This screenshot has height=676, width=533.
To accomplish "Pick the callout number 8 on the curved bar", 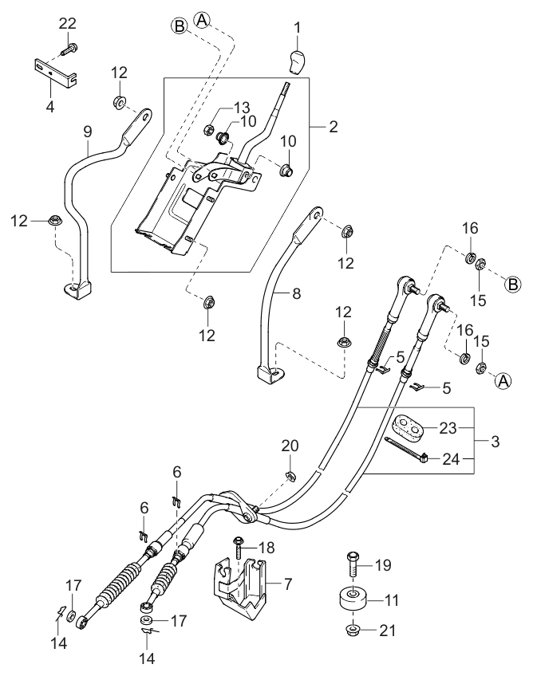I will pos(295,293).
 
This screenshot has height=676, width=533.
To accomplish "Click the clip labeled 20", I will pos(291,477).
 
